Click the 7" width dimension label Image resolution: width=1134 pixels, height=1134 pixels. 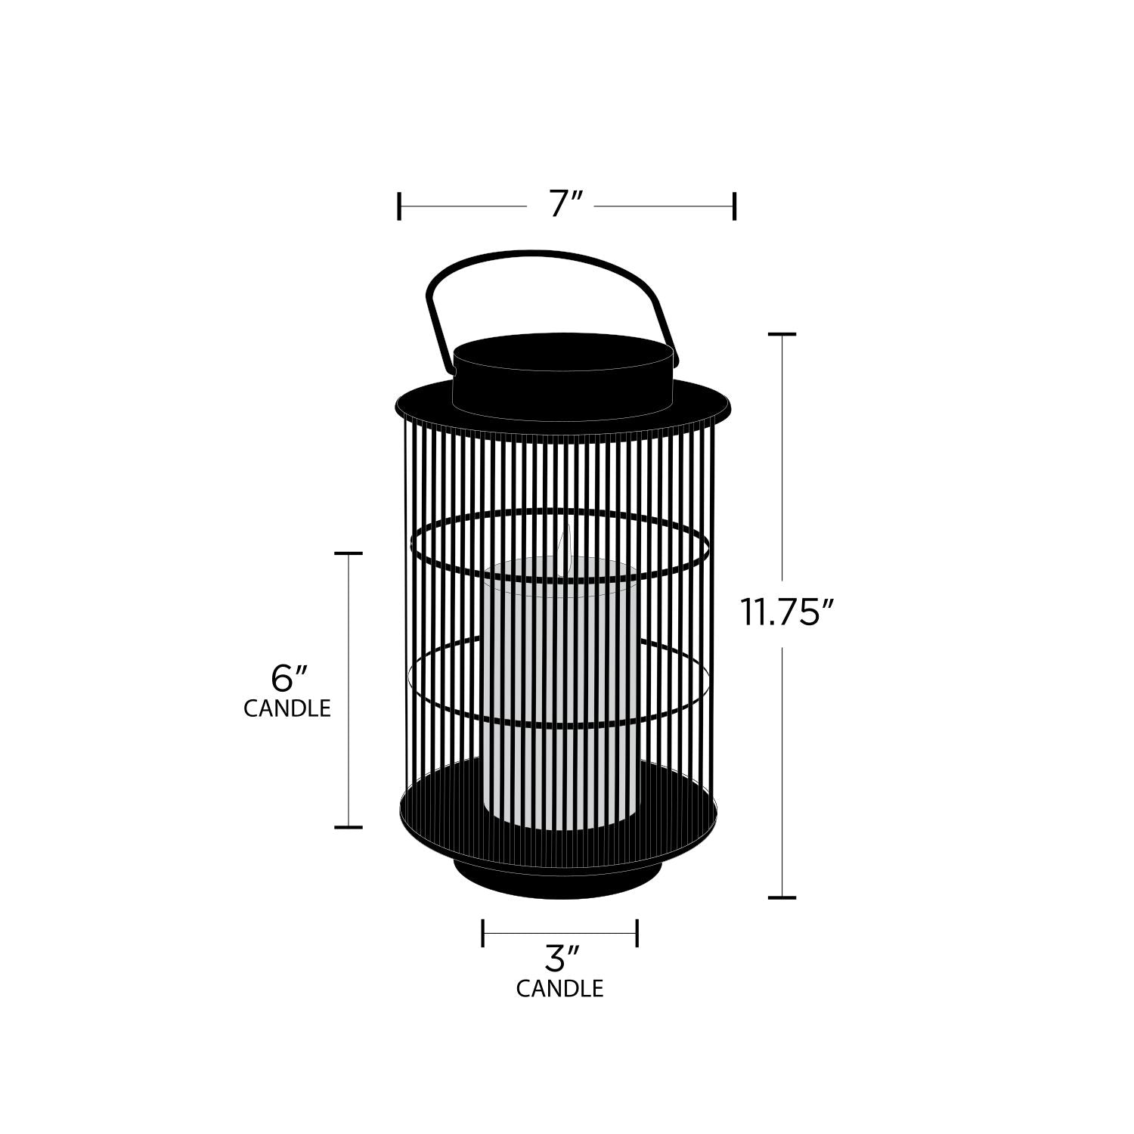(x=565, y=205)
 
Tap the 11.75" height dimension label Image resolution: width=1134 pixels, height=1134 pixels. (x=789, y=612)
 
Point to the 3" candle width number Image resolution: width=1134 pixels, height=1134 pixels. (x=561, y=960)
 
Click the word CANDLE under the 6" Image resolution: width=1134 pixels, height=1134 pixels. (x=287, y=708)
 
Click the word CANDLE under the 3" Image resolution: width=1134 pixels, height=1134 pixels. (x=560, y=989)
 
